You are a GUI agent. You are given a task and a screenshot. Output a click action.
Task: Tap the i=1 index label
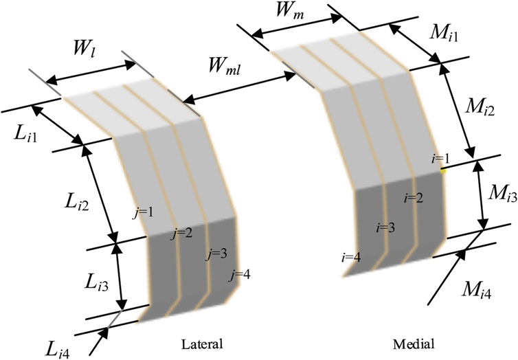point(440,159)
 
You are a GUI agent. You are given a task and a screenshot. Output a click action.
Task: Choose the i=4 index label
point(351,258)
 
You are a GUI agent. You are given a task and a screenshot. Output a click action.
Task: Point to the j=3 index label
point(216,254)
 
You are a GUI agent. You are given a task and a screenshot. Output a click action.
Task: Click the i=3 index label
point(385,227)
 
